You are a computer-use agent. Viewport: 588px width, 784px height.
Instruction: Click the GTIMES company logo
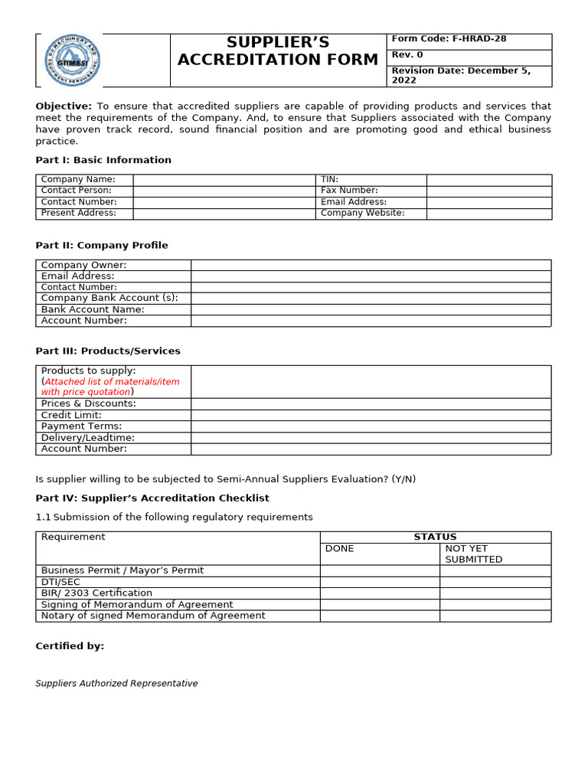click(x=72, y=60)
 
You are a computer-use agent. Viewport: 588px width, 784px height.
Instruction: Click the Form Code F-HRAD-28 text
click(x=449, y=39)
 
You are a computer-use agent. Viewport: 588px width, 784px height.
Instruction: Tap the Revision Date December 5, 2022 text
click(x=459, y=75)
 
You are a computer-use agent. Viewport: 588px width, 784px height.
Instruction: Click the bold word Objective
click(x=64, y=106)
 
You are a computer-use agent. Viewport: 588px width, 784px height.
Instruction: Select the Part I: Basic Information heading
click(x=103, y=160)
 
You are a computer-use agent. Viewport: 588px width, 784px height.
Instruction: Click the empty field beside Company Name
click(x=224, y=180)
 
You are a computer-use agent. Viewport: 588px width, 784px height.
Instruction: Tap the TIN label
click(x=329, y=180)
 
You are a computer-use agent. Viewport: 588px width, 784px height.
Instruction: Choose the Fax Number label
click(x=349, y=191)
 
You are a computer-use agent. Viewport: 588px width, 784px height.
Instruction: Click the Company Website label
click(x=362, y=214)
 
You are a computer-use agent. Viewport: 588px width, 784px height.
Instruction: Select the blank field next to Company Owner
click(x=371, y=265)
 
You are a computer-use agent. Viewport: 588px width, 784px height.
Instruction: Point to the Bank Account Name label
click(x=93, y=309)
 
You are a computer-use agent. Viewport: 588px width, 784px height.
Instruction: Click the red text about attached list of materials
click(x=110, y=387)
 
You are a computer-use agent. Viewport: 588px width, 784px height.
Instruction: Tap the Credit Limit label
click(x=71, y=415)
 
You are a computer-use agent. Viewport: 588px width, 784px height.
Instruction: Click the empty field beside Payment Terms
click(x=371, y=426)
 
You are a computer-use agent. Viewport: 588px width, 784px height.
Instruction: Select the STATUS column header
click(x=435, y=537)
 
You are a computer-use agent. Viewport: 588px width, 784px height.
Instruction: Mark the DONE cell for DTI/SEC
click(x=380, y=582)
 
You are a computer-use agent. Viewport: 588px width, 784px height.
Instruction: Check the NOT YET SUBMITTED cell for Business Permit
click(x=495, y=570)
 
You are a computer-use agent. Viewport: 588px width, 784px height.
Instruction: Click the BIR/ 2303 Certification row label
click(x=96, y=593)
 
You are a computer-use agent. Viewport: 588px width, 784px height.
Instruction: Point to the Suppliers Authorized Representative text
click(x=116, y=684)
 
